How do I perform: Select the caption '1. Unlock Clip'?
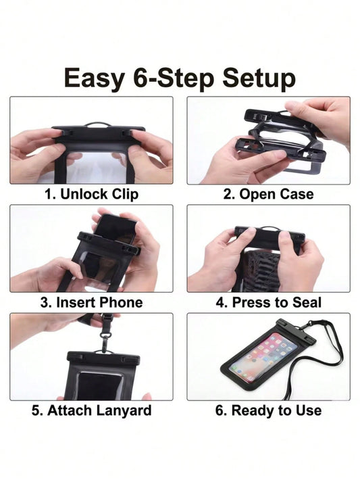91,194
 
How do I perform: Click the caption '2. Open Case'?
268,194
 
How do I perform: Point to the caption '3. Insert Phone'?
91,302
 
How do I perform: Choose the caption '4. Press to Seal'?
268,302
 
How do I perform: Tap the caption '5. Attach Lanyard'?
91,410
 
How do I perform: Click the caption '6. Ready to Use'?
268,410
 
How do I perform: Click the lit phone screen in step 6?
263,357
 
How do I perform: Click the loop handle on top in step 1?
97,124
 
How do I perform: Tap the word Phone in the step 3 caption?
121,302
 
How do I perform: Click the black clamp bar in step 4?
269,237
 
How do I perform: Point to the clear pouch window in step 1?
97,168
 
